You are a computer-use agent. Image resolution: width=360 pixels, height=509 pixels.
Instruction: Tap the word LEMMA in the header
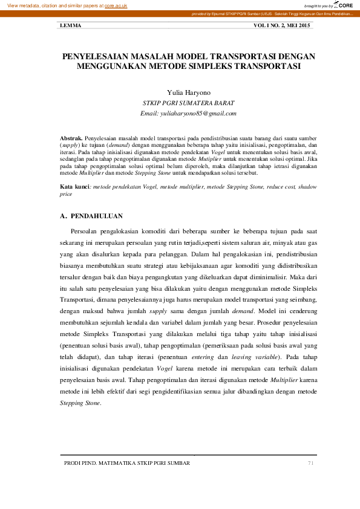pos(71,25)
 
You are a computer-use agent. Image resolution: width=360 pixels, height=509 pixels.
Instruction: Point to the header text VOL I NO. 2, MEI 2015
pos(282,25)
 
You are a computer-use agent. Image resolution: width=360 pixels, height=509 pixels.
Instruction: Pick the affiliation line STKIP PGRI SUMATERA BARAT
pos(180,103)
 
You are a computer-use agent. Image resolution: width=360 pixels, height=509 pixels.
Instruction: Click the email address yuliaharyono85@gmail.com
pos(180,113)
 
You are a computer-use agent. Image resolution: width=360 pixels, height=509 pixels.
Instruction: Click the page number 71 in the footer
pos(311,463)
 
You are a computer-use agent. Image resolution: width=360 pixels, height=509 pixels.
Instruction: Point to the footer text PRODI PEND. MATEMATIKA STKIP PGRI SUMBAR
pos(127,463)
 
